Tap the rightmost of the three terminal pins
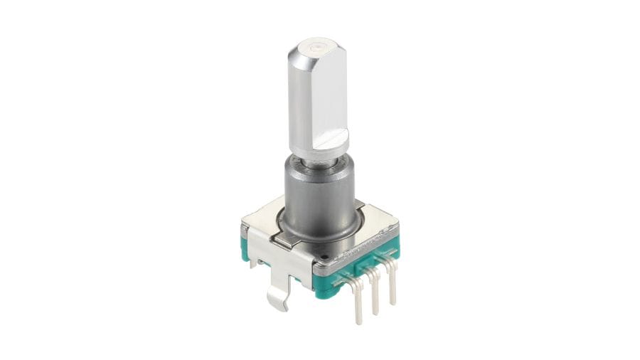[392, 288]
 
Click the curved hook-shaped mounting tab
[279, 299]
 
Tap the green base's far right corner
[395, 245]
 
